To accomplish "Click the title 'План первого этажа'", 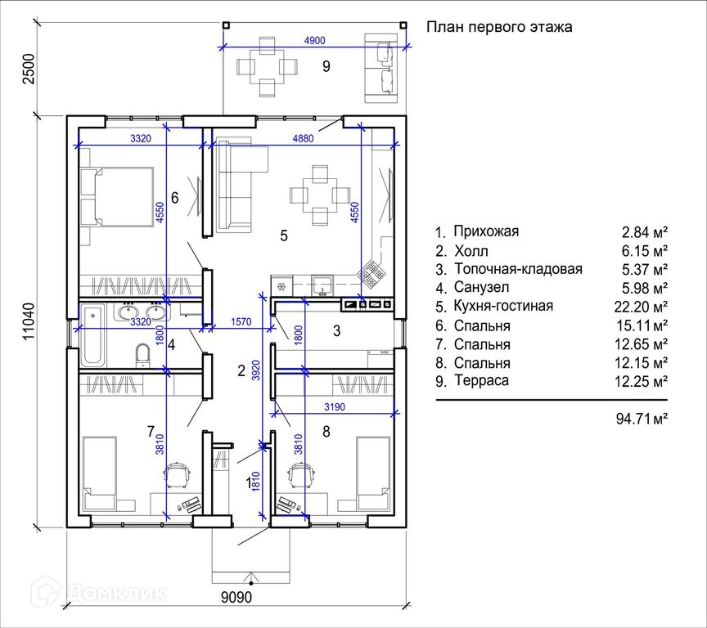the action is pyautogui.click(x=499, y=27).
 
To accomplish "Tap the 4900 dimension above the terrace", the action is pyautogui.click(x=315, y=41).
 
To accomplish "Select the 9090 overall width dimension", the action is pyautogui.click(x=236, y=597).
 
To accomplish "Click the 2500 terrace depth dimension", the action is pyautogui.click(x=29, y=69).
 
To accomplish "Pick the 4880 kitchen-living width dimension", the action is pyautogui.click(x=303, y=138).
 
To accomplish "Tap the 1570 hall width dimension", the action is pyautogui.click(x=241, y=322).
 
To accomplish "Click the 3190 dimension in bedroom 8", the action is pyautogui.click(x=335, y=407).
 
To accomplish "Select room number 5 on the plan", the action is pyautogui.click(x=284, y=235).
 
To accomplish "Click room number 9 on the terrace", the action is pyautogui.click(x=326, y=66).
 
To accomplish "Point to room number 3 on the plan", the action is pyautogui.click(x=337, y=331).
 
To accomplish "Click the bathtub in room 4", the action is pyautogui.click(x=94, y=334).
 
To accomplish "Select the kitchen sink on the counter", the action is pyautogui.click(x=322, y=285).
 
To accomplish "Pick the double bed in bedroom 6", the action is pyautogui.click(x=117, y=197).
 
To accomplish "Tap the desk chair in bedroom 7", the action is pyautogui.click(x=177, y=475).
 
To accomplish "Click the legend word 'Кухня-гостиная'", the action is pyautogui.click(x=503, y=306).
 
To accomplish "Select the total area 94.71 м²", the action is pyautogui.click(x=642, y=419).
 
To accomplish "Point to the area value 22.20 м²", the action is pyautogui.click(x=641, y=307).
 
